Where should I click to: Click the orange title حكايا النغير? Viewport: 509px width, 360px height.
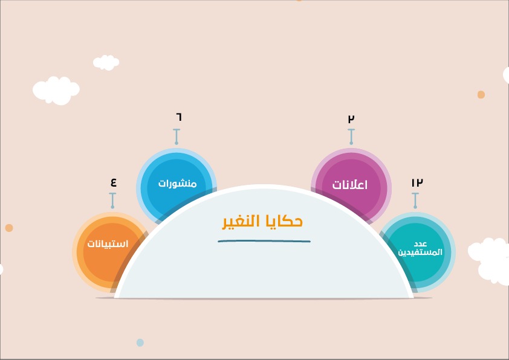click(262, 222)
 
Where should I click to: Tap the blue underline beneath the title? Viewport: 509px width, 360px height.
click(264, 241)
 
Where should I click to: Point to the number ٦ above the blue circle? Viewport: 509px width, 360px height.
click(179, 117)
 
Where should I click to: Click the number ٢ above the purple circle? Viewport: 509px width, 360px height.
click(351, 118)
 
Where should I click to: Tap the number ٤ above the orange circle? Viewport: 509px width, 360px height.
click(113, 182)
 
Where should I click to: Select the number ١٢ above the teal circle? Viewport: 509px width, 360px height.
click(417, 182)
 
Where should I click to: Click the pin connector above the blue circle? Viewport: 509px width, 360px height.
click(177, 137)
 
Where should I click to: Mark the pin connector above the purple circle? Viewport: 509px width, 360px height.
click(351, 137)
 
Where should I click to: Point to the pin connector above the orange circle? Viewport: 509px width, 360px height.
click(112, 201)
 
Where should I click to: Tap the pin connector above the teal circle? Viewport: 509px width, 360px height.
click(415, 201)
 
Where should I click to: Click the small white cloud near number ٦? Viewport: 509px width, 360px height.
click(106, 62)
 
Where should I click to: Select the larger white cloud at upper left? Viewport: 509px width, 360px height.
click(56, 91)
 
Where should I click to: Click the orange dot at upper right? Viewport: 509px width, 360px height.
click(481, 94)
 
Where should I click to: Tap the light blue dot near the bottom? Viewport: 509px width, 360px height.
click(140, 342)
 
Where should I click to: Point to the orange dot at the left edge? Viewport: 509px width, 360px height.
click(9, 228)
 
